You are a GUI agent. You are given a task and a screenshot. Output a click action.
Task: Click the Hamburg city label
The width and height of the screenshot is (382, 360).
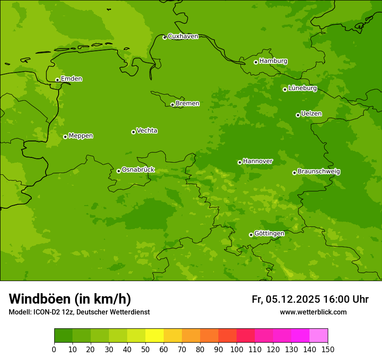[273, 61]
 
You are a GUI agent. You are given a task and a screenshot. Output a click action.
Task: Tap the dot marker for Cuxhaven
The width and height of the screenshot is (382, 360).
[165, 37]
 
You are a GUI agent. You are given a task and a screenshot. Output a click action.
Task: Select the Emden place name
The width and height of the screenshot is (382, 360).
[71, 79]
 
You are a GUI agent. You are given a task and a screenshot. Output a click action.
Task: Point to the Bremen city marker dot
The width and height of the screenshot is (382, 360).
[172, 105]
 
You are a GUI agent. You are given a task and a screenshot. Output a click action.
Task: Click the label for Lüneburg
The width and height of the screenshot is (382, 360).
[302, 88]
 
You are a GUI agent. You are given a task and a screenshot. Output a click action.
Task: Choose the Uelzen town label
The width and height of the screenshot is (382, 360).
[311, 114]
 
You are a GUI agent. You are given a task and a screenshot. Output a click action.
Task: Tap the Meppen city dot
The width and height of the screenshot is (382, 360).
[65, 137]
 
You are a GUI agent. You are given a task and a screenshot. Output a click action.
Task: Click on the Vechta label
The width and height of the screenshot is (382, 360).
[147, 131]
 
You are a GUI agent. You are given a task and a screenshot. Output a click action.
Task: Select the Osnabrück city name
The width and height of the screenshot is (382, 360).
[138, 170]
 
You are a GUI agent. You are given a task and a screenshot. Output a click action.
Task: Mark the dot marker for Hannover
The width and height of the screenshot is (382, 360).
[240, 162]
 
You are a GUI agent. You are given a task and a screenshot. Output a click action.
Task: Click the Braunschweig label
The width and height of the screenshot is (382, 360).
[319, 171]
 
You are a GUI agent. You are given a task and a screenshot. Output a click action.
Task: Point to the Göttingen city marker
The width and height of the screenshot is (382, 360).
[251, 235]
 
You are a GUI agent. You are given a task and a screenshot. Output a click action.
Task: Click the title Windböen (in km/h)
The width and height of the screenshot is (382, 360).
[70, 299]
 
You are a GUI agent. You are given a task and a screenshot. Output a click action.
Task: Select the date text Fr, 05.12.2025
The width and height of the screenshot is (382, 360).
[286, 299]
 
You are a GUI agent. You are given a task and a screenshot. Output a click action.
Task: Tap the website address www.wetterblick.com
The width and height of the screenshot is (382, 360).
[313, 312]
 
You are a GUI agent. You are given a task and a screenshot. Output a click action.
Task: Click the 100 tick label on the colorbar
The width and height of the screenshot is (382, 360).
[237, 349]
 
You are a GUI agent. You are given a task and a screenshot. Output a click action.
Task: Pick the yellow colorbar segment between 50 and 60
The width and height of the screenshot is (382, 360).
[155, 336]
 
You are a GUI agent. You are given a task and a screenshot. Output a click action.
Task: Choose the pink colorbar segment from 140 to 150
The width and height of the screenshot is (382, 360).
[319, 336]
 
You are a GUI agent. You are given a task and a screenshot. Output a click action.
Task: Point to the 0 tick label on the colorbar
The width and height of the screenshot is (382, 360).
[54, 349]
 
